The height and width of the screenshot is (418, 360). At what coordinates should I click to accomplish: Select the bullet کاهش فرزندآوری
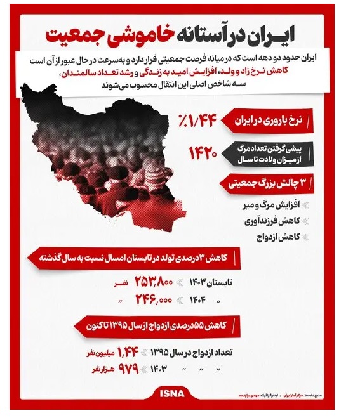click(273, 221)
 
